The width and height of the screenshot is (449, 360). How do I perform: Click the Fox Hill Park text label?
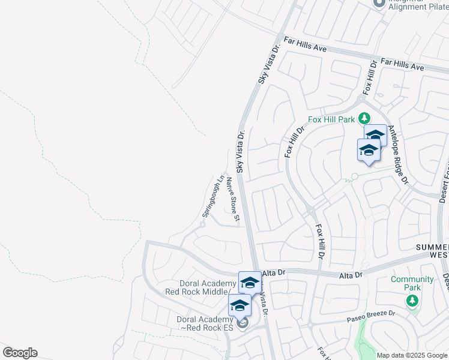tap(332, 119)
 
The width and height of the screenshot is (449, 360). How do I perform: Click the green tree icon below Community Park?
tap(412, 300)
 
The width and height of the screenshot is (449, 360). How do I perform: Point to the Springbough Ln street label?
tap(212, 196)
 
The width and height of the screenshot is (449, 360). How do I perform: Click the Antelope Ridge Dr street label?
tap(397, 154)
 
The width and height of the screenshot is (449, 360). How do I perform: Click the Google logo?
tap(20, 353)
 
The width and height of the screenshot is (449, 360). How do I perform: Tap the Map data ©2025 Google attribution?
tap(412, 355)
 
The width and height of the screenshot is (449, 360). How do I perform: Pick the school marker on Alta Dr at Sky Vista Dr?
tap(250, 282)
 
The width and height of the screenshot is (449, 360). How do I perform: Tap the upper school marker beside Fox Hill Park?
tap(375, 135)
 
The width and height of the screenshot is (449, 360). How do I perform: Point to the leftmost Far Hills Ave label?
tap(305, 44)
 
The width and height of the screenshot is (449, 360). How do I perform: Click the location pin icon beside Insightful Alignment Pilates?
tap(379, 4)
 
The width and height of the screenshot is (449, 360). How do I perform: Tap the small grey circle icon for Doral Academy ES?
tap(243, 324)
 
